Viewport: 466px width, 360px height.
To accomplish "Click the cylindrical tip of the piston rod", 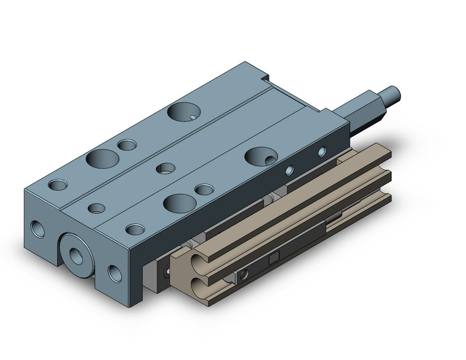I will [392, 94].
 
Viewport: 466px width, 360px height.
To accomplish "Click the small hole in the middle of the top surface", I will [164, 167].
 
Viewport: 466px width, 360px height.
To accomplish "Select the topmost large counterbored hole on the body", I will [182, 112].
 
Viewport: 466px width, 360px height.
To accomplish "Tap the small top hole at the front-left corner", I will [59, 184].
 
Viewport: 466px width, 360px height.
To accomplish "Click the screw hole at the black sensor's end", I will [245, 270].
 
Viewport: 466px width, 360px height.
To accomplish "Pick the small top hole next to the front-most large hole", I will [203, 189].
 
